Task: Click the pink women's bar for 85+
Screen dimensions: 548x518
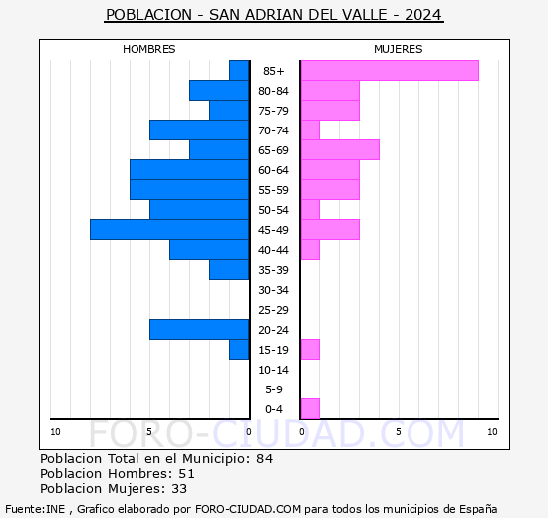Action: [x=390, y=71]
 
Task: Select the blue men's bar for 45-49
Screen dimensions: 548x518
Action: [x=169, y=230]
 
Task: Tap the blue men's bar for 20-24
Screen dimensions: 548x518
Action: [x=199, y=330]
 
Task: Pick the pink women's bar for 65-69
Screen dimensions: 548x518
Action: [x=340, y=150]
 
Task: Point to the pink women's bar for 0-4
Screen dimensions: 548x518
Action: [x=310, y=409]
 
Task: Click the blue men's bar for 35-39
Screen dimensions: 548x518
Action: [x=229, y=270]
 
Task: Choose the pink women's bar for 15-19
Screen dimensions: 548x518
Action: [x=310, y=350]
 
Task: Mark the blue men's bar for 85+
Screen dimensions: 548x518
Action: [x=239, y=71]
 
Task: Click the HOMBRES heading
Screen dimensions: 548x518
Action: [x=148, y=49]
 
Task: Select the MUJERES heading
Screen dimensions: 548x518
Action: [x=399, y=49]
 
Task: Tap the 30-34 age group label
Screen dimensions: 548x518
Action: [x=273, y=290]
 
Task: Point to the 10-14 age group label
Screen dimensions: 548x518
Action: [x=273, y=370]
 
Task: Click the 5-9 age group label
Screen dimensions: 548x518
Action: [x=274, y=389]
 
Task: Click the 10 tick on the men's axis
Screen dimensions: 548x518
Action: [x=55, y=432]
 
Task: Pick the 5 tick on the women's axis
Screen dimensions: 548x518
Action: [x=399, y=432]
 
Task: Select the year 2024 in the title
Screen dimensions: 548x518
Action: [x=423, y=15]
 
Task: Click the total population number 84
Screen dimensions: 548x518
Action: [x=265, y=458]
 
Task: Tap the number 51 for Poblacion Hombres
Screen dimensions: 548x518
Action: [x=186, y=473]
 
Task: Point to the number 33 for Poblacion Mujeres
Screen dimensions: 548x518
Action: [x=179, y=489]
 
